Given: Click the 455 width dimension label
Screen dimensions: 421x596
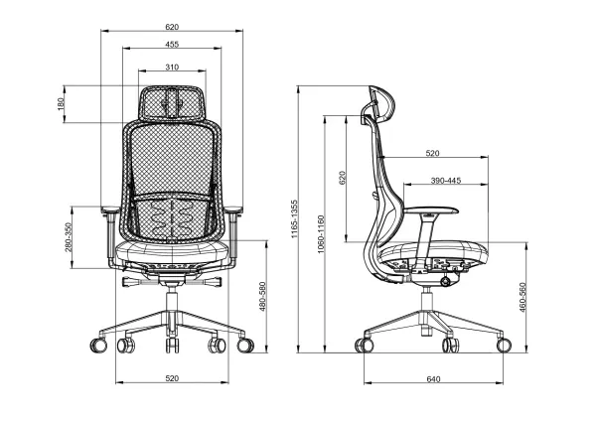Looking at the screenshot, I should click(x=173, y=45).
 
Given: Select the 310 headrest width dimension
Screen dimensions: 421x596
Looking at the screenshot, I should click(x=173, y=67).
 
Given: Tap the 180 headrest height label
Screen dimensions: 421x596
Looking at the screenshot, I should click(x=62, y=104).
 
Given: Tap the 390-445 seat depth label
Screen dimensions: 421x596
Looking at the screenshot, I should click(x=445, y=181).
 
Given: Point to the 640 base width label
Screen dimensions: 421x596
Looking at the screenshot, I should click(x=433, y=378).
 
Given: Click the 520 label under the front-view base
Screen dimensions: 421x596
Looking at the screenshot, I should click(x=173, y=378).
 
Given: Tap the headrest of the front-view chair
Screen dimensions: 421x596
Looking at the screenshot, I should click(x=173, y=101).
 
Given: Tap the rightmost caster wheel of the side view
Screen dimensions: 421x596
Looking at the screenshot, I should click(x=503, y=345).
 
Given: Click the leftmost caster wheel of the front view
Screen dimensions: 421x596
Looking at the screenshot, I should click(x=98, y=346).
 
